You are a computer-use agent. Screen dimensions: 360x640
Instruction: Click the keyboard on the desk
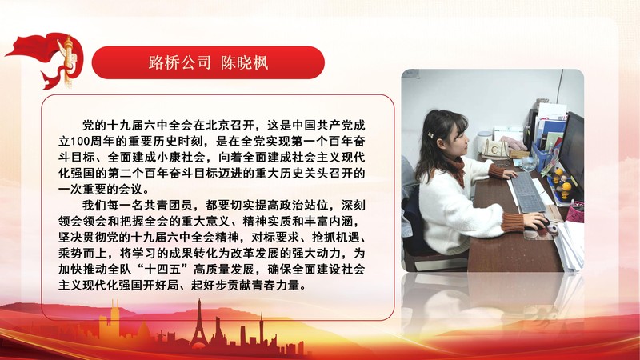point(526,192)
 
